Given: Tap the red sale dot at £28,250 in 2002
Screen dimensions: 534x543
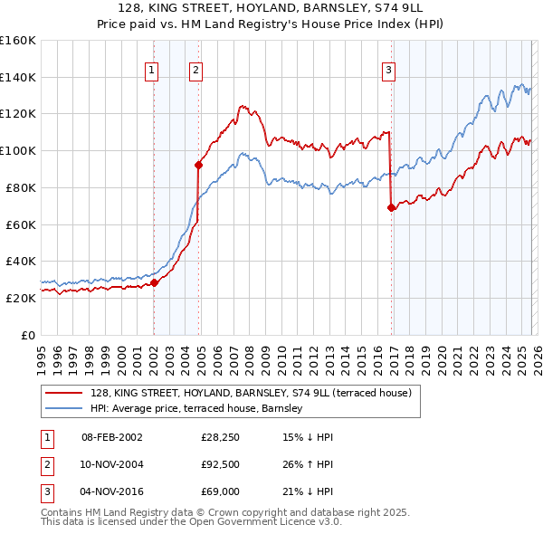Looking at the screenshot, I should [x=154, y=282].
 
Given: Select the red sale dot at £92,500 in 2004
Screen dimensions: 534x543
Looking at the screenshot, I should [x=198, y=164].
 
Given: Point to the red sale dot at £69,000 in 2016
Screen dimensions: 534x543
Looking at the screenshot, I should [x=391, y=207].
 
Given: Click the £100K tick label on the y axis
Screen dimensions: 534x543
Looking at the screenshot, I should [x=18, y=150].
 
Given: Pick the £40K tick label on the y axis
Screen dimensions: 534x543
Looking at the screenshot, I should [x=21, y=261].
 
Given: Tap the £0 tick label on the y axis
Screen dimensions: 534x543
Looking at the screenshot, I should [x=27, y=335].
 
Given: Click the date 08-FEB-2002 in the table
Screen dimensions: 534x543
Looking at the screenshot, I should [x=111, y=437].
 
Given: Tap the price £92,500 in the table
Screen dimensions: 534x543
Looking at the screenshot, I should [x=220, y=464].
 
